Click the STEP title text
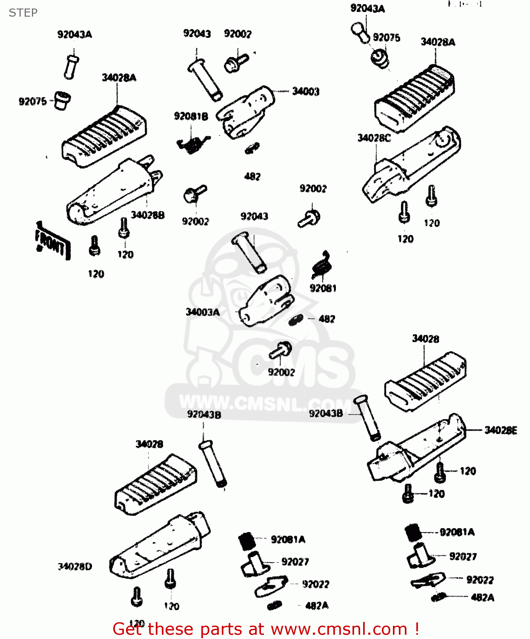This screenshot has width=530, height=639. pos(23,13)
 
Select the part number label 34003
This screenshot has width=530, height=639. pos(305,91)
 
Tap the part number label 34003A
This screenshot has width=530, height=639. pos(203,312)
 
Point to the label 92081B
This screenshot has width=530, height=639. pos(191,116)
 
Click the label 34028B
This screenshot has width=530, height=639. pos(147,215)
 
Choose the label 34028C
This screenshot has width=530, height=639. pos(374,138)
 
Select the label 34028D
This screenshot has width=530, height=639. pos(75,567)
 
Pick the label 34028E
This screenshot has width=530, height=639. pos(501,430)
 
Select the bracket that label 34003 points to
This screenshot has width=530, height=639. pos(245,113)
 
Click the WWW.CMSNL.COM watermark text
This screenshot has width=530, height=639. pos(264,403)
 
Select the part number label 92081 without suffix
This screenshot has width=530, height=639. pos(323,288)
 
